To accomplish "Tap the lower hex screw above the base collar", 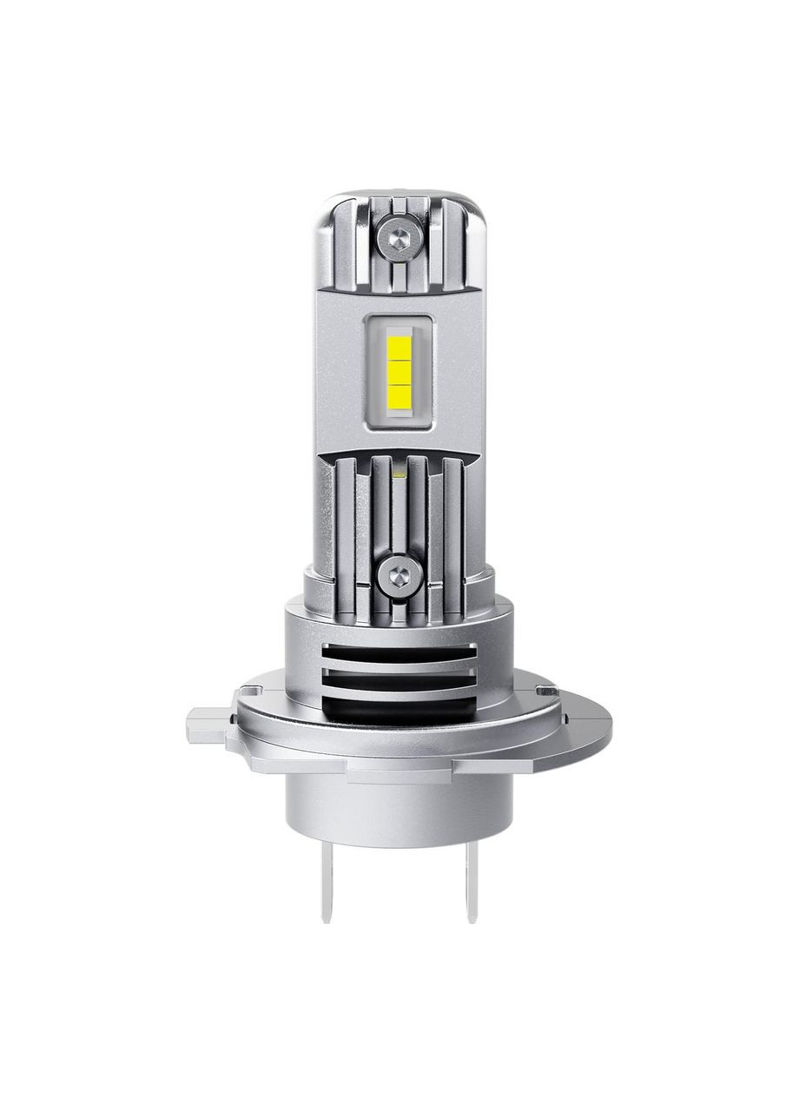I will [399, 573].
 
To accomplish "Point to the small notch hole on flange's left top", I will [252, 692].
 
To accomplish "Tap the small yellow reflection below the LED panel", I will [399, 473].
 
